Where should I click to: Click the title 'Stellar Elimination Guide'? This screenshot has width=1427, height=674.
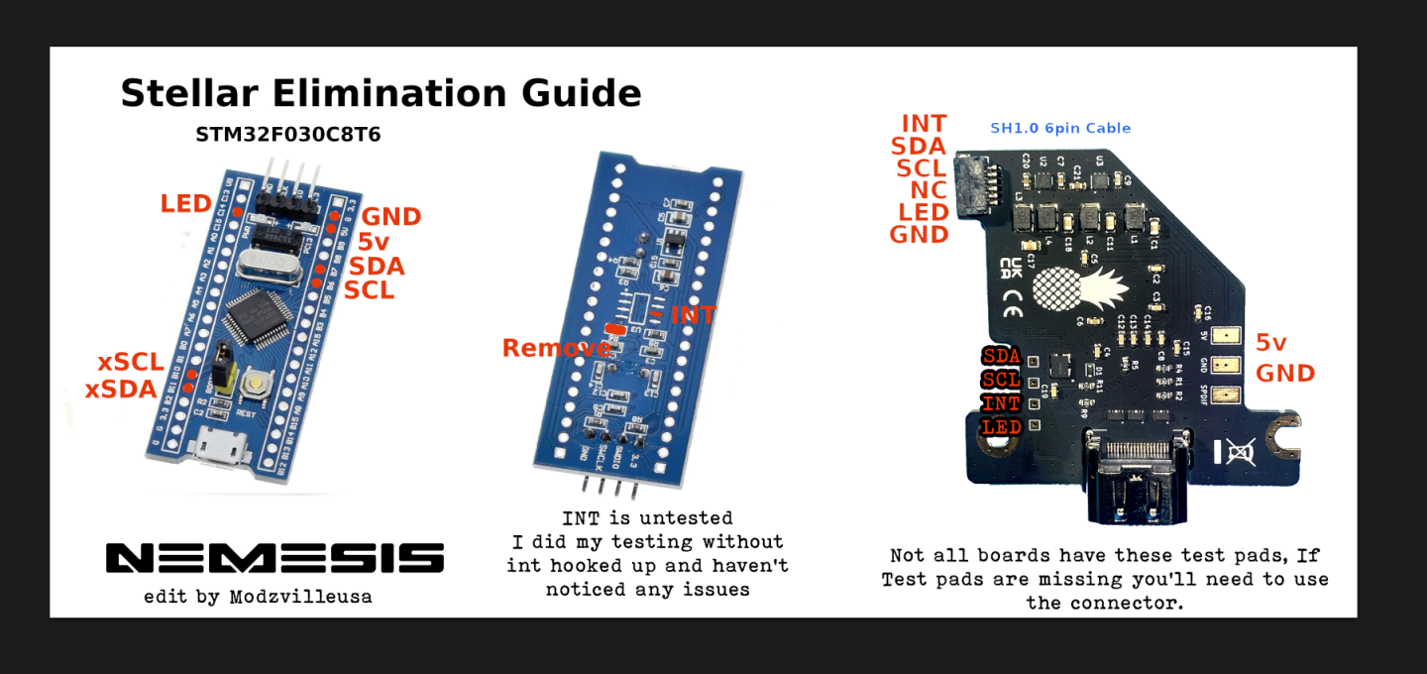(x=381, y=93)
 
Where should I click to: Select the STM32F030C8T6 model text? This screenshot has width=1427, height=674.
(x=287, y=135)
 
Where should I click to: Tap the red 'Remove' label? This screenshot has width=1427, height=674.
(x=556, y=348)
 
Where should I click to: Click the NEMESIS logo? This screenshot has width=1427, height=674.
(x=274, y=558)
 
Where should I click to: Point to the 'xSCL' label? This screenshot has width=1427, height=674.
(x=130, y=363)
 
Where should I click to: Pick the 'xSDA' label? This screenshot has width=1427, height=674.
(x=121, y=390)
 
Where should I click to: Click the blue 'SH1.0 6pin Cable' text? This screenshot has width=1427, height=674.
(x=1060, y=128)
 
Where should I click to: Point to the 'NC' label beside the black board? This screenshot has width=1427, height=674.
(x=929, y=189)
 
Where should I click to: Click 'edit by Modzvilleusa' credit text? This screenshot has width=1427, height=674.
(x=258, y=597)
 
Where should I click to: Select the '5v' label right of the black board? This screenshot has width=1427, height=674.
(x=1270, y=343)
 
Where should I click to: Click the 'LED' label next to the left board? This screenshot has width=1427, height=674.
(x=186, y=204)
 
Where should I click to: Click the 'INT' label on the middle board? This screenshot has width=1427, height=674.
(x=693, y=315)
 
